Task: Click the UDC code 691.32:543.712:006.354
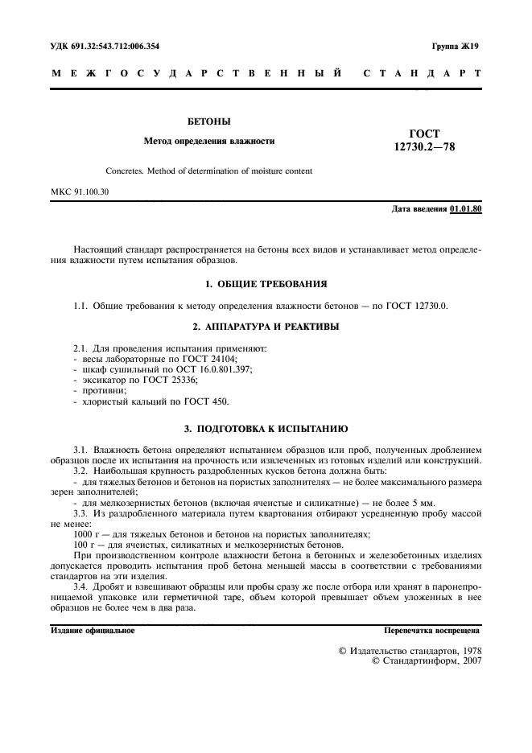(x=115, y=47)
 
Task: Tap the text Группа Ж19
(x=456, y=47)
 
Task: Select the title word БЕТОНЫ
(x=209, y=121)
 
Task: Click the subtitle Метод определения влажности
(x=209, y=141)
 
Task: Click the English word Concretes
(x=125, y=171)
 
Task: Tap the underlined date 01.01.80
(x=466, y=209)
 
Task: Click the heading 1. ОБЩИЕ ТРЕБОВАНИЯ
(x=266, y=284)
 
